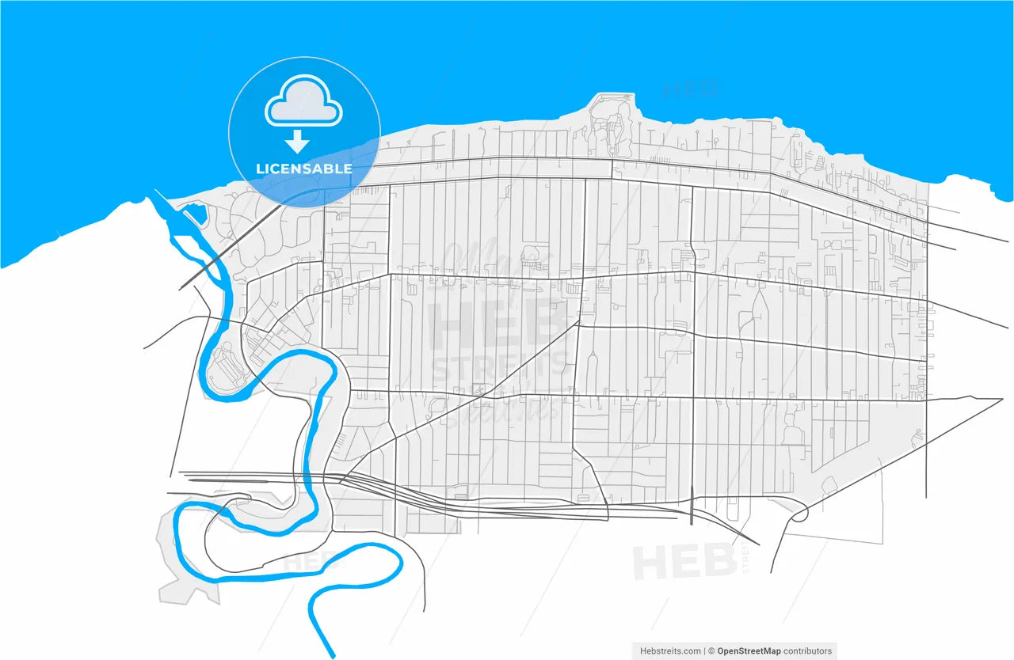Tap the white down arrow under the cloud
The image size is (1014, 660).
pos(297,142)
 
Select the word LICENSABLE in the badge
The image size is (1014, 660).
pos(304,169)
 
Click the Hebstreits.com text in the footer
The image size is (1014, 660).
pos(670,651)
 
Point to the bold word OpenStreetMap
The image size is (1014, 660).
pos(749,651)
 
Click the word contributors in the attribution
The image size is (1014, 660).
pos(808,651)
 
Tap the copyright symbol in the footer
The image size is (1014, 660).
pos(711,651)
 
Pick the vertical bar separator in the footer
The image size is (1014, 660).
pos(703,651)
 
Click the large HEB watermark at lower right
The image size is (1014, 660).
pos(684,562)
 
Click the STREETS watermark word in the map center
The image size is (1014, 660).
pos(499,366)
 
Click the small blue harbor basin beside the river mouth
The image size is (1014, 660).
pos(194,214)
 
